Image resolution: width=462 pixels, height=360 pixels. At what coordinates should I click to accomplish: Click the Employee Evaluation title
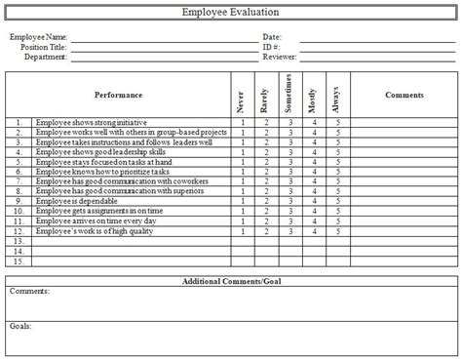click(x=230, y=12)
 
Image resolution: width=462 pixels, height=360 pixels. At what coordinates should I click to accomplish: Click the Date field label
click(x=272, y=36)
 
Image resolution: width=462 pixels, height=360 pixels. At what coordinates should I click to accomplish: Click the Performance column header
click(x=118, y=95)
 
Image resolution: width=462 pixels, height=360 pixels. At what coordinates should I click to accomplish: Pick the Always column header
click(x=337, y=99)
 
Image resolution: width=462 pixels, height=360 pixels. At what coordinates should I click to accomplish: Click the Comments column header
click(x=404, y=95)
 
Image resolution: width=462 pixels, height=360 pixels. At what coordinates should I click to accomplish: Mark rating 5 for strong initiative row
click(x=337, y=123)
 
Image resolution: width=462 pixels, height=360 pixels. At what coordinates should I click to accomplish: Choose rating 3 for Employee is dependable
click(x=289, y=200)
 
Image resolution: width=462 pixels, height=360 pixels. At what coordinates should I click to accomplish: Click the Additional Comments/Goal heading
click(x=230, y=280)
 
